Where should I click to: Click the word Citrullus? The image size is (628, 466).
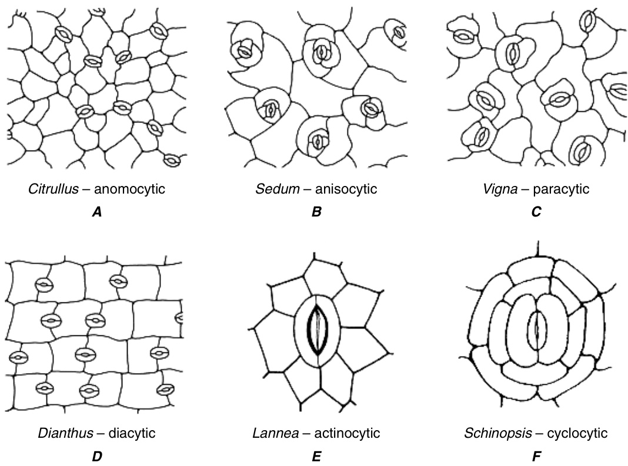52,189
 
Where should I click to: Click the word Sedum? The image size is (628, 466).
275,189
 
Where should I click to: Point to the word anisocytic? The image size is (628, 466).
346,189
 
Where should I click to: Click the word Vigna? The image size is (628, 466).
497,189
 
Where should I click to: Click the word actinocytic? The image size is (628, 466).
347,434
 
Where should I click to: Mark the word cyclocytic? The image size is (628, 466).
577,434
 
